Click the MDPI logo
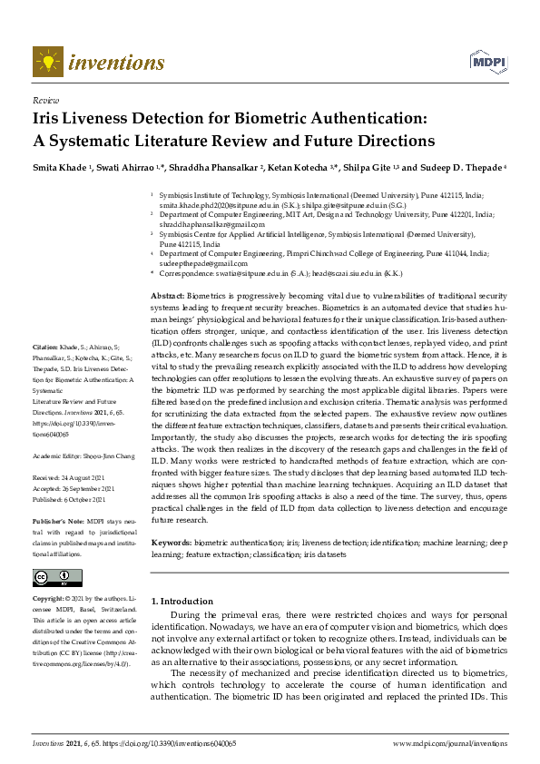point(486,62)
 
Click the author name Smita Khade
point(60,168)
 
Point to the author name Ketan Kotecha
point(306,168)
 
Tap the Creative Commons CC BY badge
point(57,577)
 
